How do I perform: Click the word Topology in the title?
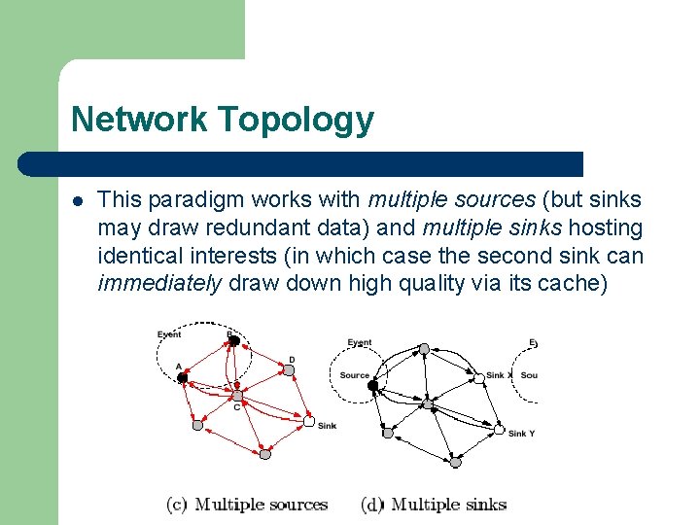(296, 121)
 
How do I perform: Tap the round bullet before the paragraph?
(78, 201)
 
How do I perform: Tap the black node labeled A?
(182, 377)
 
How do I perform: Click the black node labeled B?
(233, 340)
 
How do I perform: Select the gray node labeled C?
(236, 396)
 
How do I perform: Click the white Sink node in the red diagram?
(308, 422)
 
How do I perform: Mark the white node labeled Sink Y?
(499, 429)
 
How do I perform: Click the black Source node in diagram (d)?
(372, 386)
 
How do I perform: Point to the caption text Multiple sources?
(261, 504)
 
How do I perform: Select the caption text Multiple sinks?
(447, 504)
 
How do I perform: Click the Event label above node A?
(169, 334)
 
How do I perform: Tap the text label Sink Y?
(522, 434)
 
